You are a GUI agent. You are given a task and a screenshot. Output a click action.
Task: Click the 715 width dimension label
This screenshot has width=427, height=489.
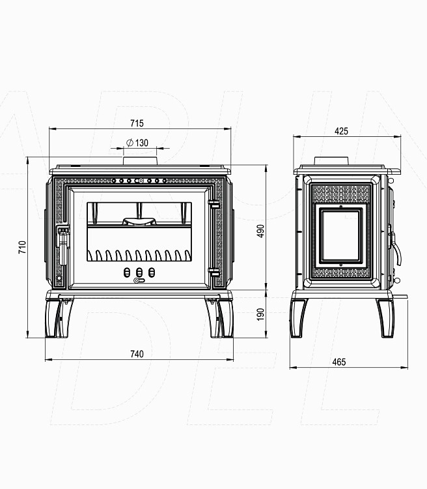[137, 123]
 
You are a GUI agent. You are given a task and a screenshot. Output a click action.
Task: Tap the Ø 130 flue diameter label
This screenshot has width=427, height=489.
[137, 143]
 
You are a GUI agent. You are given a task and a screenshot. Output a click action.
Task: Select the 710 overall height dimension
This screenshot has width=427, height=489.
[22, 247]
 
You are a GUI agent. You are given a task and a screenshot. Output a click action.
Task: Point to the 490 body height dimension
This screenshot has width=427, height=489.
[260, 231]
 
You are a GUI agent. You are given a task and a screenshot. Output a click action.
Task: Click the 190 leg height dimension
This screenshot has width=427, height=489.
[260, 314]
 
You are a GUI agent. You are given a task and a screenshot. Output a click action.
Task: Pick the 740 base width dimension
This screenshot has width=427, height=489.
[137, 354]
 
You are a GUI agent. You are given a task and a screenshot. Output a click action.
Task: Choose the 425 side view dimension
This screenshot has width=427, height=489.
[341, 131]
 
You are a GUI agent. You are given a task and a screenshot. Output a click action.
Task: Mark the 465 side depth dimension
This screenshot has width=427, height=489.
[339, 362]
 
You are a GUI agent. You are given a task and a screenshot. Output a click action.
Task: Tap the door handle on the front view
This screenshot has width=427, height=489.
[62, 245]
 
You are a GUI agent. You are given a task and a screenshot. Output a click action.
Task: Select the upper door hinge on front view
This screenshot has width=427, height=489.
[214, 203]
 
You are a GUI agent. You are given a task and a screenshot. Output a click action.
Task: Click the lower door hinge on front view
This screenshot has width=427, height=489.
[214, 272]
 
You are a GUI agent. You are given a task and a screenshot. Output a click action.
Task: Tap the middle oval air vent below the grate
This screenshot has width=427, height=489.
[139, 273]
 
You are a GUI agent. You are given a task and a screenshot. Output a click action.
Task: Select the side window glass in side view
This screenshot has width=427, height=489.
[340, 236]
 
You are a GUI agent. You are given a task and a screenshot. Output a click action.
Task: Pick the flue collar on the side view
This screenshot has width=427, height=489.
[331, 161]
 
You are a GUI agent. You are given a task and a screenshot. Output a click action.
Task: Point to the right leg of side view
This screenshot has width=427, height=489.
[385, 318]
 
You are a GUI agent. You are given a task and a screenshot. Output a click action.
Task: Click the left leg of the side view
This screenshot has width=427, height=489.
[298, 318]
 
